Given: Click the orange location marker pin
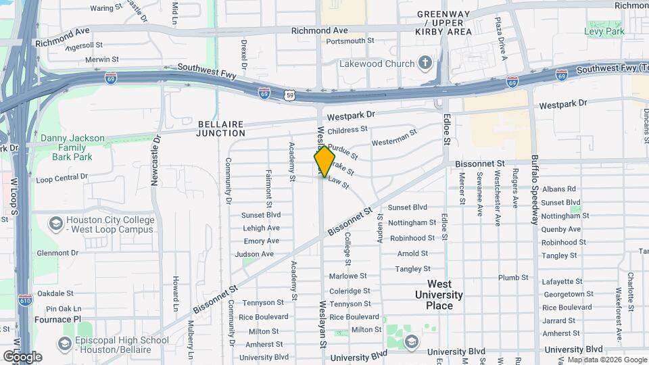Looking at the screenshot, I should click(x=324, y=161).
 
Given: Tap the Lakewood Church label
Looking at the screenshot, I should click(x=379, y=64).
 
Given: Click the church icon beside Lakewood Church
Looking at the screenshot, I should click(x=425, y=64).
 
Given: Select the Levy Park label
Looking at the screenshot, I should click(x=604, y=31).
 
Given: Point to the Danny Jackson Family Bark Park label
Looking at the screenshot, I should click(x=72, y=147).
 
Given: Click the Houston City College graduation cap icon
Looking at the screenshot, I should click(x=56, y=222).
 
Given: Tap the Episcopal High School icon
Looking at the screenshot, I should click(x=65, y=345).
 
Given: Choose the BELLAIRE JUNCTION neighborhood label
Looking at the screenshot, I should click(x=225, y=128).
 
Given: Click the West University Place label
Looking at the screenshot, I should click(x=439, y=295).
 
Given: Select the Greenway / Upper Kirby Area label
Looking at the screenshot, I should click(x=444, y=22).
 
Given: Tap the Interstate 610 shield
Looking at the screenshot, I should click(x=25, y=301).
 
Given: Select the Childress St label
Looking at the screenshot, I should click(x=347, y=129).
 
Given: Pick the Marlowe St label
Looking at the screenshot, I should click(x=347, y=276).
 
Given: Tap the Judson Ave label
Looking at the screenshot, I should click(x=258, y=254).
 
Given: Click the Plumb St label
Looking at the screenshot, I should click(x=513, y=277).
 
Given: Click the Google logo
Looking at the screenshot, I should click(x=22, y=356).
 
